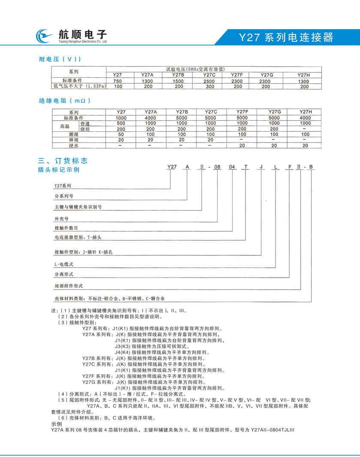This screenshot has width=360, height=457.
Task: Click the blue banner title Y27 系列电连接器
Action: click(286, 37)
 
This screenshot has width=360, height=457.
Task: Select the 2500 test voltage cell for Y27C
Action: click(209, 81)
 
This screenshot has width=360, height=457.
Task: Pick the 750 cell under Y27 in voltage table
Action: click(117, 81)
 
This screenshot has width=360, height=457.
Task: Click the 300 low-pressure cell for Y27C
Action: click(209, 86)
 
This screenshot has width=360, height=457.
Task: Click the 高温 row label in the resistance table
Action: click(64, 126)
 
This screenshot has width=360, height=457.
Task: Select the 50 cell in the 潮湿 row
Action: click(121, 134)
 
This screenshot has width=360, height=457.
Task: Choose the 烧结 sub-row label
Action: click(85, 129)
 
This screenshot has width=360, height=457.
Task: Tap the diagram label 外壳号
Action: click(61, 218)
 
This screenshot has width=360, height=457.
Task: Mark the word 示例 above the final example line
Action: click(56, 424)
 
